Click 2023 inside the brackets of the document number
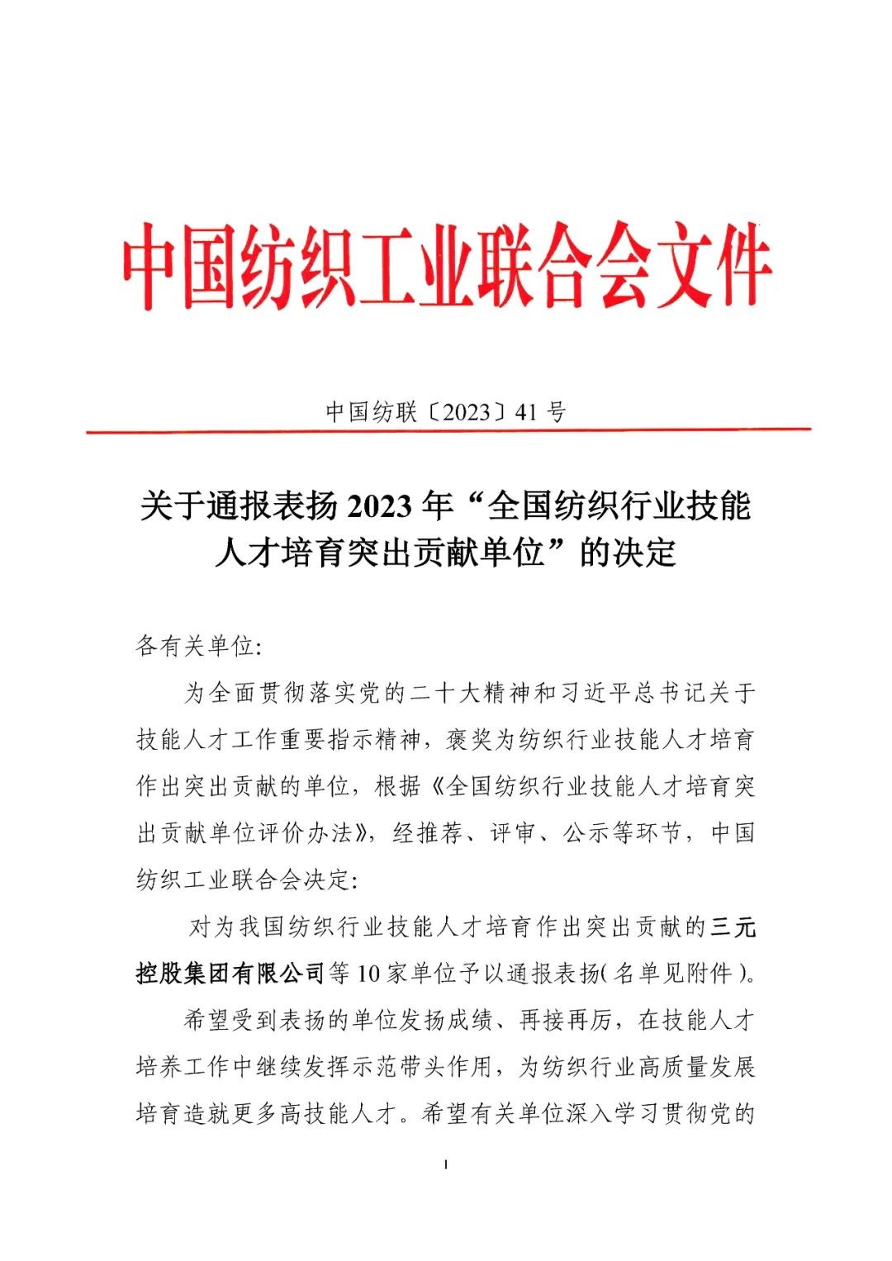(x=467, y=411)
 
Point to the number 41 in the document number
(x=526, y=411)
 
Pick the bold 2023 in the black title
(x=379, y=505)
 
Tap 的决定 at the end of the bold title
(x=628, y=552)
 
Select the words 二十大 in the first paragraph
(x=445, y=692)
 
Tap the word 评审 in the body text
(x=513, y=832)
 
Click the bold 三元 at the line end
(x=733, y=927)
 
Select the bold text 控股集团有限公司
(x=230, y=974)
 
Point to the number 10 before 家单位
(x=368, y=974)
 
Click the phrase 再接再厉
(x=566, y=1021)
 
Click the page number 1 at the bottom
(x=446, y=1164)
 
